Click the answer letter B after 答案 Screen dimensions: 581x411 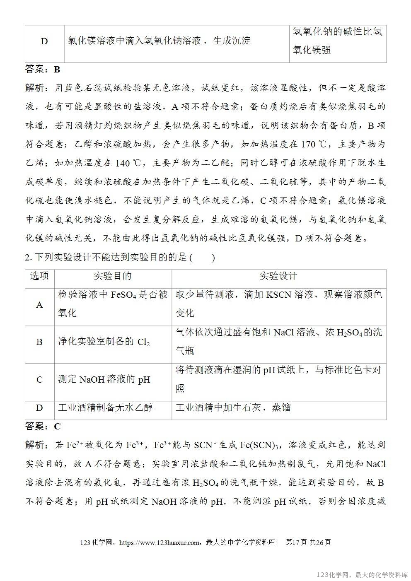pos(57,69)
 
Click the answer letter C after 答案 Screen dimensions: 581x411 pos(57,427)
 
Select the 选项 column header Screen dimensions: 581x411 pos(39,276)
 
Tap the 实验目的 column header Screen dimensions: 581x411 pos(113,276)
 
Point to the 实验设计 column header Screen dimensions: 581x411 pos(278,276)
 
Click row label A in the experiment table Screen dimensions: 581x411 pos(39,305)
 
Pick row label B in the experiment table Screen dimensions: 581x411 pos(39,342)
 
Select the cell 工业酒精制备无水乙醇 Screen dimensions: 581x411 pos(105,407)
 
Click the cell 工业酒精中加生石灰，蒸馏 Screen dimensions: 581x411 pos(233,407)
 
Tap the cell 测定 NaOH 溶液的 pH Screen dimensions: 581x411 pos(104,379)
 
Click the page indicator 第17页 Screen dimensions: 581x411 pos(296,542)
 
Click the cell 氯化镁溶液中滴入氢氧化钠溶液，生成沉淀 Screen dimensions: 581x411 pos(159,41)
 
